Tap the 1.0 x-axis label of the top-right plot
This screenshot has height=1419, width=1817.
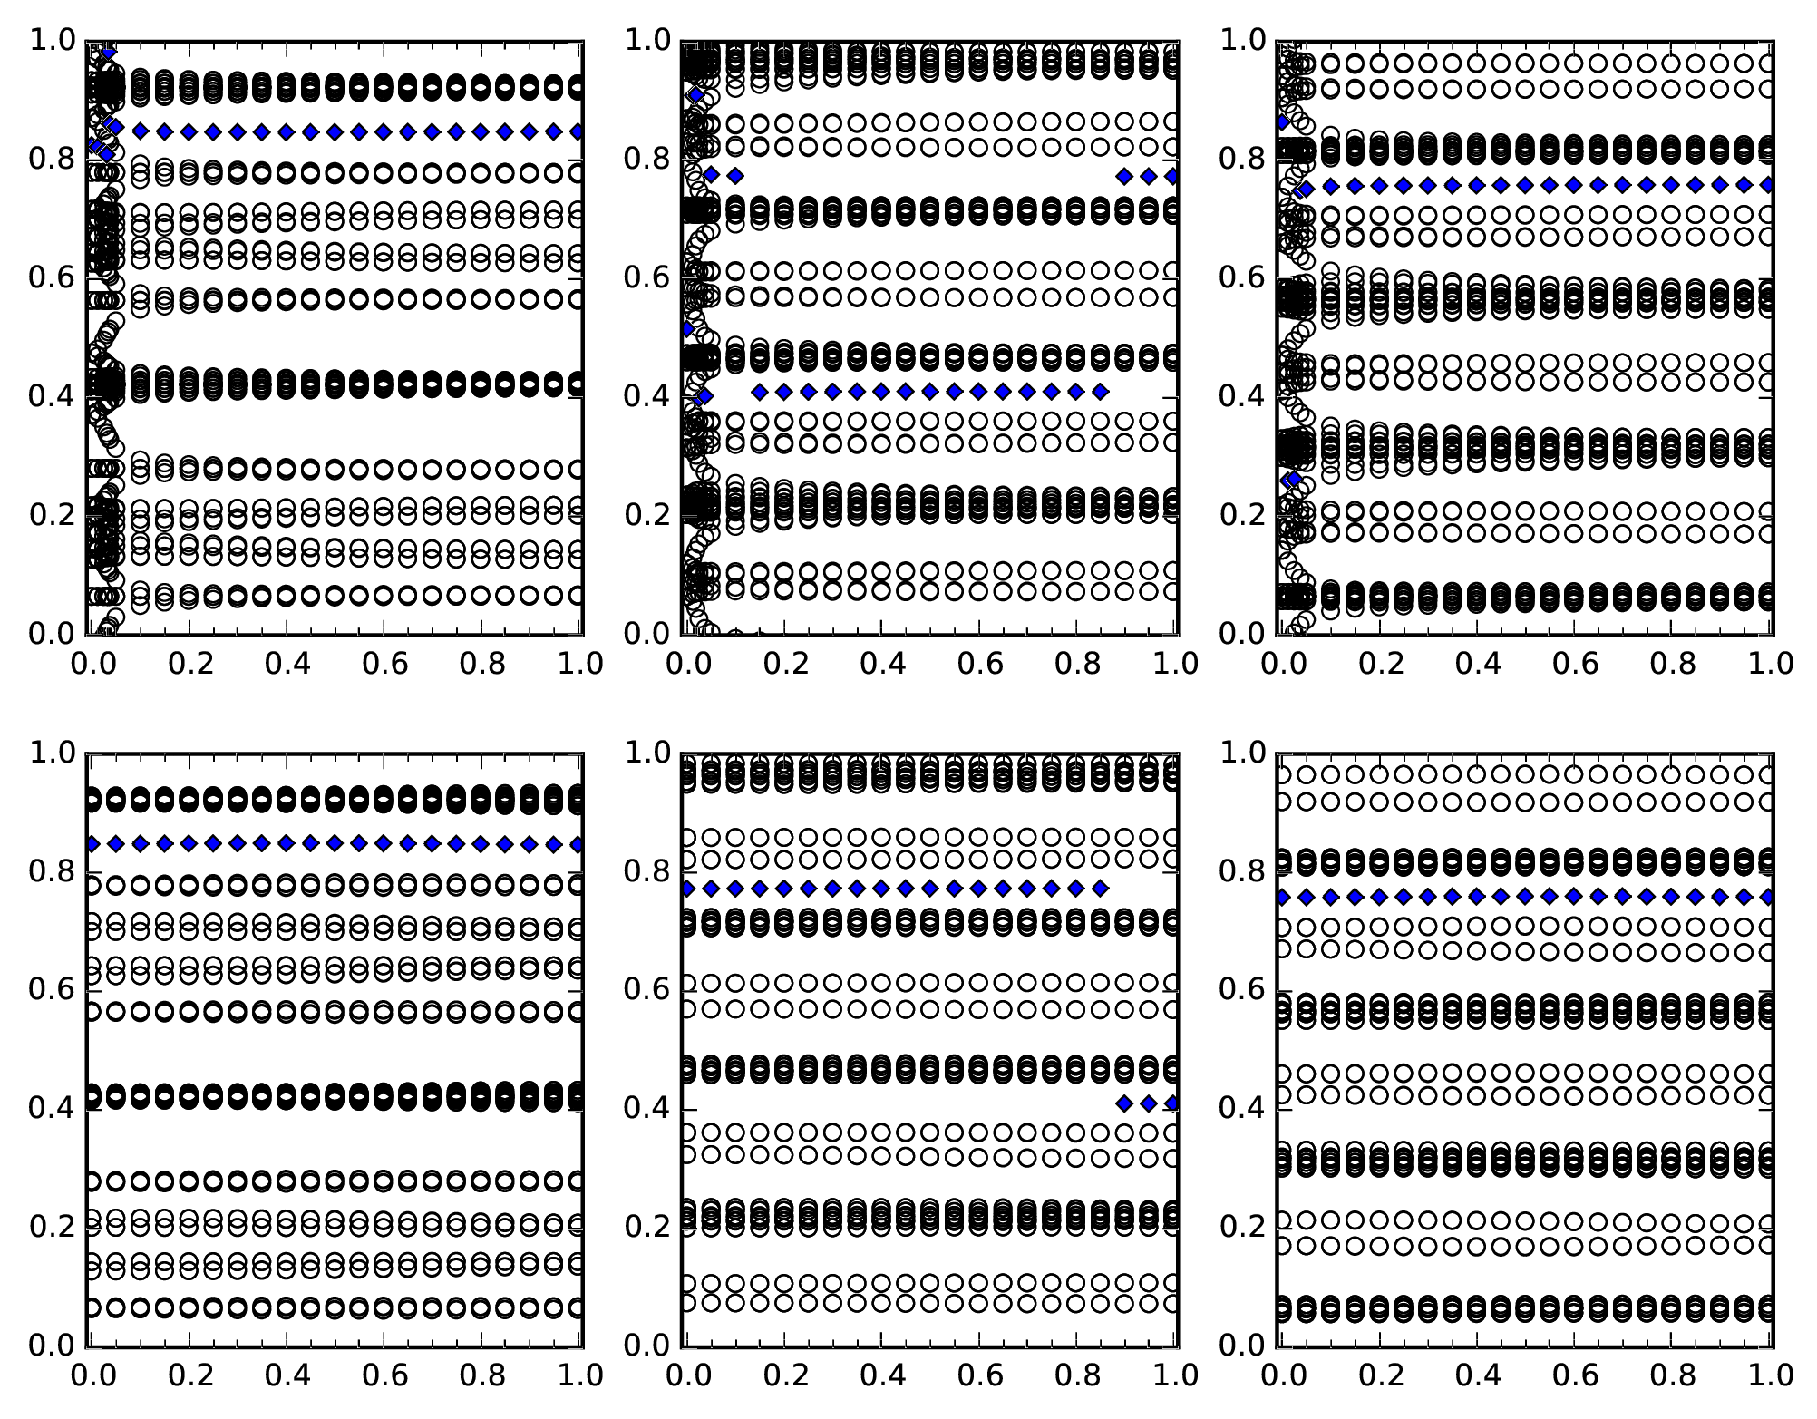click(x=1769, y=664)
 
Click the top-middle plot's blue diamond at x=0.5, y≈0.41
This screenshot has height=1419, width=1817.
click(x=929, y=392)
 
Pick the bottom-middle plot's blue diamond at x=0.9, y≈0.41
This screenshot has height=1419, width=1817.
click(x=1124, y=1103)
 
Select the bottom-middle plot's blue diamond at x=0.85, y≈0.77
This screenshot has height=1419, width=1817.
click(x=1100, y=889)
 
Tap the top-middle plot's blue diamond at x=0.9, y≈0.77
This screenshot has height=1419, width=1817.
click(x=1124, y=176)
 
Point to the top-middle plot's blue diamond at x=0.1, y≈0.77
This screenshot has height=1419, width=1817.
click(x=735, y=175)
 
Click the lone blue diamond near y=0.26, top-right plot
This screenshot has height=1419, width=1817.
click(x=1293, y=479)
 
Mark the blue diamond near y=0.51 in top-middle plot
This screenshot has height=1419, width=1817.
click(x=687, y=328)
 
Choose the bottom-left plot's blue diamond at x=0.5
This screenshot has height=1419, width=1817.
click(x=335, y=843)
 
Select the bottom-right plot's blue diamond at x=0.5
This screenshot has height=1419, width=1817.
click(x=1526, y=897)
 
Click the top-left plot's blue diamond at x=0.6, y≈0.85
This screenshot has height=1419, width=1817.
click(x=384, y=131)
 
